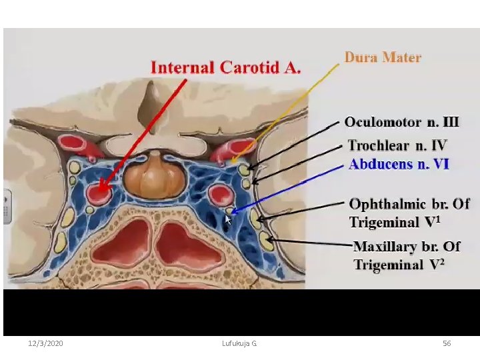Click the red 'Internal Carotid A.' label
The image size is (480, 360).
[x=226, y=67]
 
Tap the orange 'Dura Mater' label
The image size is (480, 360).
[x=383, y=57]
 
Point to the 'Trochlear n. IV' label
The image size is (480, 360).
[x=397, y=145]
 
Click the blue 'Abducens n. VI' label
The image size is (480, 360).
[x=399, y=164]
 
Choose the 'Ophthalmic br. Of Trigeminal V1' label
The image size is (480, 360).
[x=409, y=212]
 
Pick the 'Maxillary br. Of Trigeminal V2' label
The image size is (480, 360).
[x=407, y=255]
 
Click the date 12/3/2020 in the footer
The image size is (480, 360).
[x=46, y=343]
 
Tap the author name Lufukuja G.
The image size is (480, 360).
[x=239, y=343]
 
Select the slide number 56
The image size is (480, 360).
[x=447, y=343]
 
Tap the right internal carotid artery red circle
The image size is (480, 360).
[x=219, y=195]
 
